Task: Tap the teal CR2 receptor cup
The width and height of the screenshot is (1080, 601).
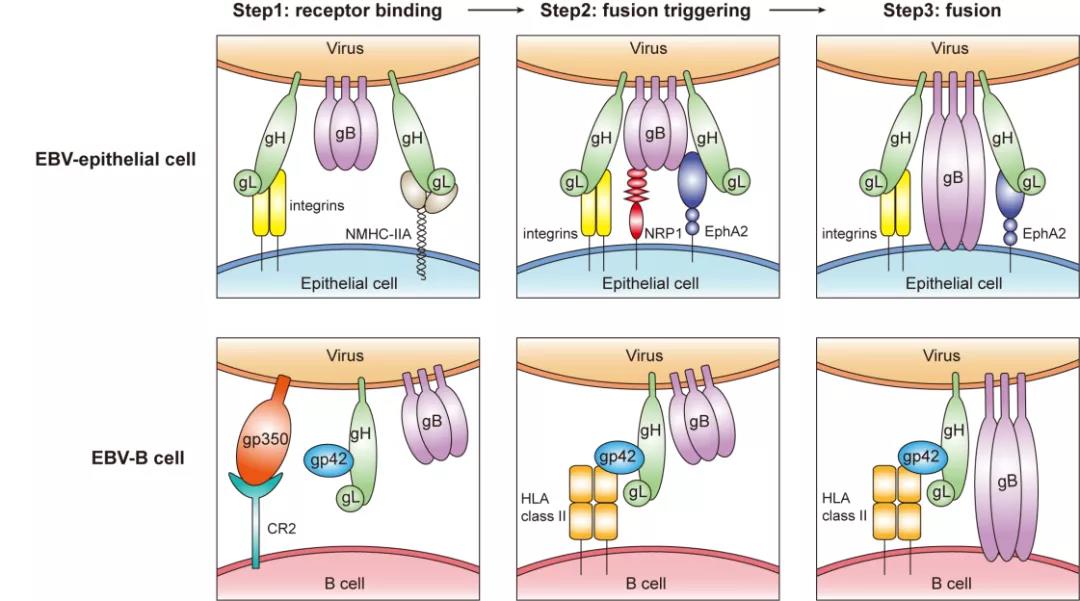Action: coord(256,485)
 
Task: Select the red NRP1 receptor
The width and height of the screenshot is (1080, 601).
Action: coord(636,204)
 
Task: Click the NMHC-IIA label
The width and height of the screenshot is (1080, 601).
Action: coord(377,234)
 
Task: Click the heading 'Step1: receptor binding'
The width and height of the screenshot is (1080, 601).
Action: coord(337,10)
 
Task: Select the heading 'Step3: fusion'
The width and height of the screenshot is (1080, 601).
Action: coord(942,10)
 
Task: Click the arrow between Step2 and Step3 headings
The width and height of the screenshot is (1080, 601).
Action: coord(797,10)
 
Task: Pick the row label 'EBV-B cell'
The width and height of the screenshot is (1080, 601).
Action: coord(138,458)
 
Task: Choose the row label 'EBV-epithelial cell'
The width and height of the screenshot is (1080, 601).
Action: coord(116,159)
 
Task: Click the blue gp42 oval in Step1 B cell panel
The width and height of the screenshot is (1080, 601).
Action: coord(328,459)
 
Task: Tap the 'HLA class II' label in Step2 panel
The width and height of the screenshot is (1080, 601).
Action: coord(543,507)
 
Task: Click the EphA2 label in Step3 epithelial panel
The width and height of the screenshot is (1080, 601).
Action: coord(1044,233)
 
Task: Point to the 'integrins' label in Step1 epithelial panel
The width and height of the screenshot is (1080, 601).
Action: coord(317,205)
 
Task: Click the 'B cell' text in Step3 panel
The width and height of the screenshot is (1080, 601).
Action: coord(951,584)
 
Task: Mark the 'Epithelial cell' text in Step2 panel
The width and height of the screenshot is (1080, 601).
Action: coord(650,283)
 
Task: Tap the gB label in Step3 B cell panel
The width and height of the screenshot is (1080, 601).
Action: coord(1007,482)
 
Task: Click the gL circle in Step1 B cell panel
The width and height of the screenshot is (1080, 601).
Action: coord(350,498)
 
